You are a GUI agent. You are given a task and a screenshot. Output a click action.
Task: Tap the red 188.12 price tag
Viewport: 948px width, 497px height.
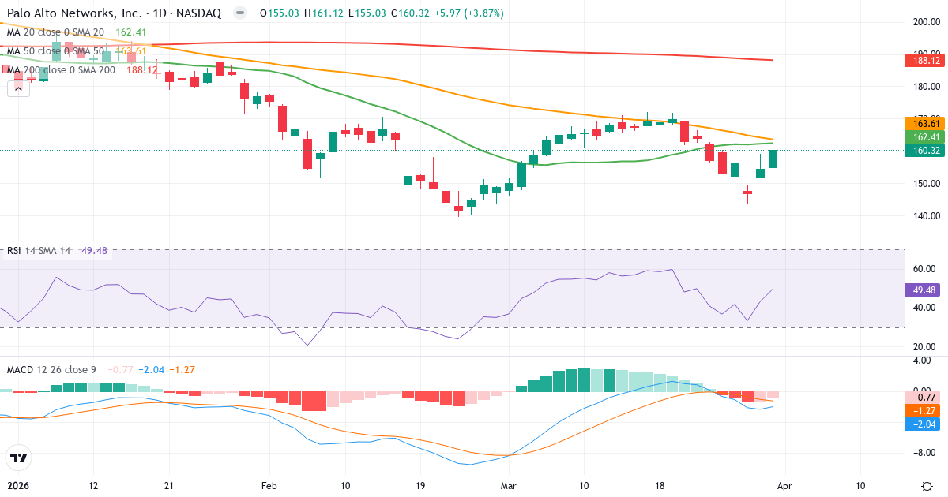924,61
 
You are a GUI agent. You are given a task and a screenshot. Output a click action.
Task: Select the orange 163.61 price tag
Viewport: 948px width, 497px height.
924,123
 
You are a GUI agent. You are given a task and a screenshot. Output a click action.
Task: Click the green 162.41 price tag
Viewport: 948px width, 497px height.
924,136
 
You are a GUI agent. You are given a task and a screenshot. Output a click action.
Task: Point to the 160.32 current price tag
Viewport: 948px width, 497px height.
924,150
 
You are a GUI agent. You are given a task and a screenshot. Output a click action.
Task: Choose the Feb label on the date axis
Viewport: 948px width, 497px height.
269,486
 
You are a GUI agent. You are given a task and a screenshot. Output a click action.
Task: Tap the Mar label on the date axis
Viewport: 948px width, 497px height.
508,486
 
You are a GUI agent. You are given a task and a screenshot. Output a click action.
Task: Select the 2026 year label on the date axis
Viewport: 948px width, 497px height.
19,486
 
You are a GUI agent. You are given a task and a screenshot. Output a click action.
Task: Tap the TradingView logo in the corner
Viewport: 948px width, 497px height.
19,458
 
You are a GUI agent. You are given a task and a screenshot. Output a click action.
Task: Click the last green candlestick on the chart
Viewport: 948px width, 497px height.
773,159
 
